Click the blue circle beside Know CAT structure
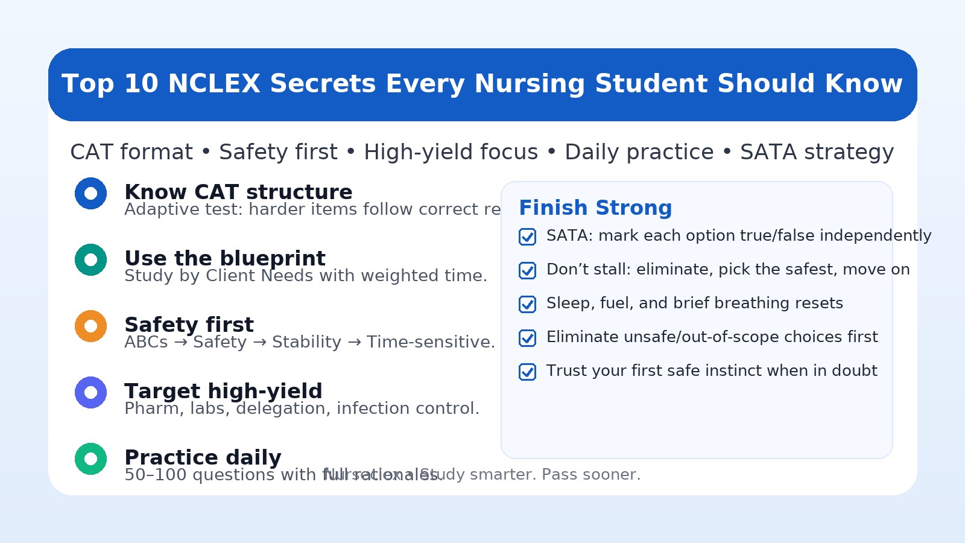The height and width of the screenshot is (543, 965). pos(91,194)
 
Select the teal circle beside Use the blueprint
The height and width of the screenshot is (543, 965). pos(91,260)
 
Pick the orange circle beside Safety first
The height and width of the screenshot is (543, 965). pos(91,326)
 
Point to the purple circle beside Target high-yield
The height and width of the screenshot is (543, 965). pos(91,393)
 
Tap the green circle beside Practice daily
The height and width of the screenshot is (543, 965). pos(91,459)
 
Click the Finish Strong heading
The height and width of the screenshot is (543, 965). pos(595,208)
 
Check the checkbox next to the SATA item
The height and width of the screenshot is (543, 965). pos(528,237)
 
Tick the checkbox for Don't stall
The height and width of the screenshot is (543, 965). pos(528,270)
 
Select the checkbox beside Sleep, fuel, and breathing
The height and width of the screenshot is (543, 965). pos(528,304)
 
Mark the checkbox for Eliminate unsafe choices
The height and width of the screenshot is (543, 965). pos(528,338)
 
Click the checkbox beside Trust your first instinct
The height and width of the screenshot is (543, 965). pos(528,372)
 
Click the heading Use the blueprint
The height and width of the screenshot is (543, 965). pos(225,258)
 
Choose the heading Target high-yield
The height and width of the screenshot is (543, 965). pos(223,391)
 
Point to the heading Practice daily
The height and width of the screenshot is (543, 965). pos(203,457)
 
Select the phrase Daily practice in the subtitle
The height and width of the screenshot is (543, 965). pos(639,152)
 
